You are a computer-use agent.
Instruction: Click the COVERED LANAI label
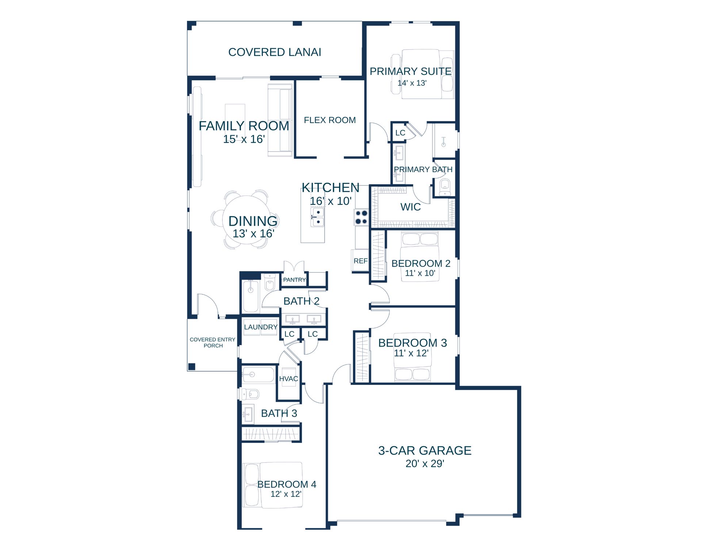tap(275, 52)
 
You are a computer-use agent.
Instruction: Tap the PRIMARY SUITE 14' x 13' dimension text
tap(412, 83)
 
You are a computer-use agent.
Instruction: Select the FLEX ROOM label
tap(330, 120)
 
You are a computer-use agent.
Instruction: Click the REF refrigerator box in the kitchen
tap(360, 260)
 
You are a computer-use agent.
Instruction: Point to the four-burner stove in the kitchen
tap(361, 217)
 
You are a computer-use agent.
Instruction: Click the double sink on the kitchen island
tap(317, 217)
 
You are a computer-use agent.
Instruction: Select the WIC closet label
tap(410, 207)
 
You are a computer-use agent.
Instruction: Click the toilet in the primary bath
tap(444, 187)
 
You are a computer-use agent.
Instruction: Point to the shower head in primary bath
tap(444, 142)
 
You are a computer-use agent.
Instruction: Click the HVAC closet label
tap(288, 379)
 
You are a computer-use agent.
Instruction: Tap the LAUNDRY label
tap(261, 327)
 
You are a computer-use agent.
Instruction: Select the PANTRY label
tap(294, 280)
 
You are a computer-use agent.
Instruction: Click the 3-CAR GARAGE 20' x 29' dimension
tap(425, 464)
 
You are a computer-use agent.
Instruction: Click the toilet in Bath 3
tap(250, 394)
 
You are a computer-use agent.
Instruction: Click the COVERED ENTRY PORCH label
tap(212, 343)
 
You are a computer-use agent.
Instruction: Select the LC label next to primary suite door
tap(400, 133)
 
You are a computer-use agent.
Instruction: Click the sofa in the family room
tap(280, 120)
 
